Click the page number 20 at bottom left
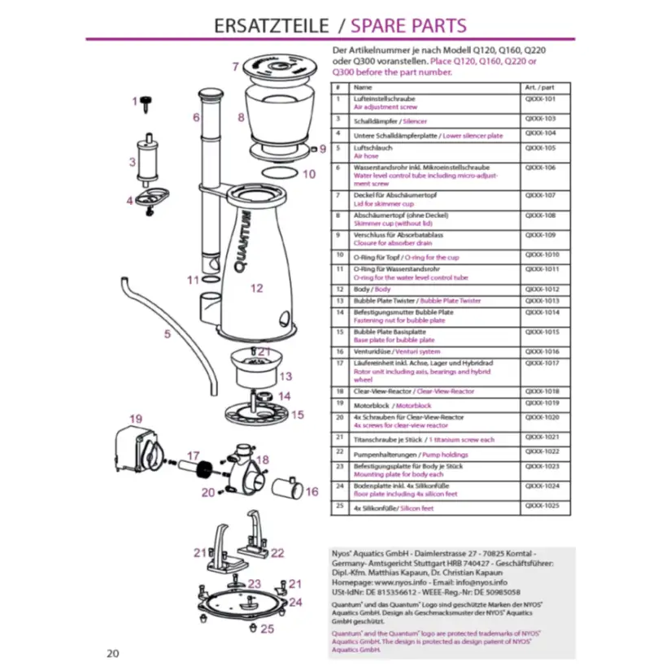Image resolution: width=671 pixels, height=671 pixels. click(113, 652)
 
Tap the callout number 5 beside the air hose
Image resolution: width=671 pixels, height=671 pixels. click(167, 333)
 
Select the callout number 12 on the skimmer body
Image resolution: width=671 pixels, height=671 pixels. click(257, 288)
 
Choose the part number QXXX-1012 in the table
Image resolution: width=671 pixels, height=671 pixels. click(540, 289)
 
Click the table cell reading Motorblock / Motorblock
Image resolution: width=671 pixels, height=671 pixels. click(392, 405)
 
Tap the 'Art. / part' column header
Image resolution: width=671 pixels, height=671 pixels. click(541, 87)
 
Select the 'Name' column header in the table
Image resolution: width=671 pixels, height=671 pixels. click(363, 87)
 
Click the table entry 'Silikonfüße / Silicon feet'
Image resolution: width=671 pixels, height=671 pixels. click(394, 508)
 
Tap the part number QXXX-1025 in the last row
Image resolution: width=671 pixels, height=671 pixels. click(542, 506)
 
